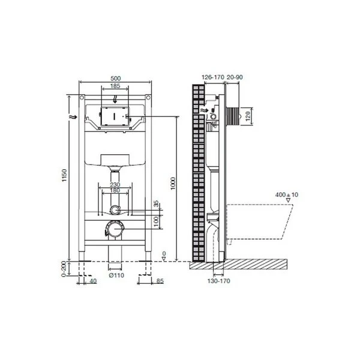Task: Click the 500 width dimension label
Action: [115, 78]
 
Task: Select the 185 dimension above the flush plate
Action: [115, 86]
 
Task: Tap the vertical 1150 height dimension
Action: [64, 175]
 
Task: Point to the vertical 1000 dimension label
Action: [173, 184]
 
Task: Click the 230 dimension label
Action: [115, 185]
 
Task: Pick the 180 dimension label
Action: [115, 190]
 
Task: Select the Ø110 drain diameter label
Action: [116, 275]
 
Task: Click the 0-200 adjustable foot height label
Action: [64, 269]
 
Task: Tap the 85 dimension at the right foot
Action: [160, 281]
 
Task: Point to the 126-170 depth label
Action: [213, 77]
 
